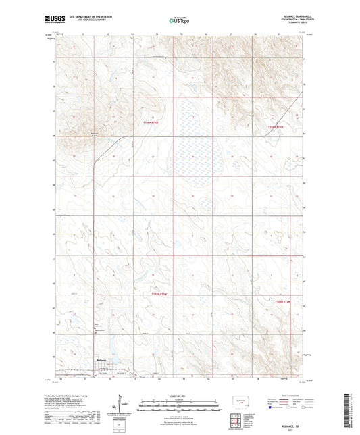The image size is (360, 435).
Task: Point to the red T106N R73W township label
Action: [x=152, y=122]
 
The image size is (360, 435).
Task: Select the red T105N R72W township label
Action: [x=282, y=303]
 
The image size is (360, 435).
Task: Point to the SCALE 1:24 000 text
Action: [x=179, y=395]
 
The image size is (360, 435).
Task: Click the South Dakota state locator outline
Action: [x=238, y=403]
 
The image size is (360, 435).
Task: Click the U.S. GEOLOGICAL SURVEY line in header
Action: [x=88, y=22]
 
